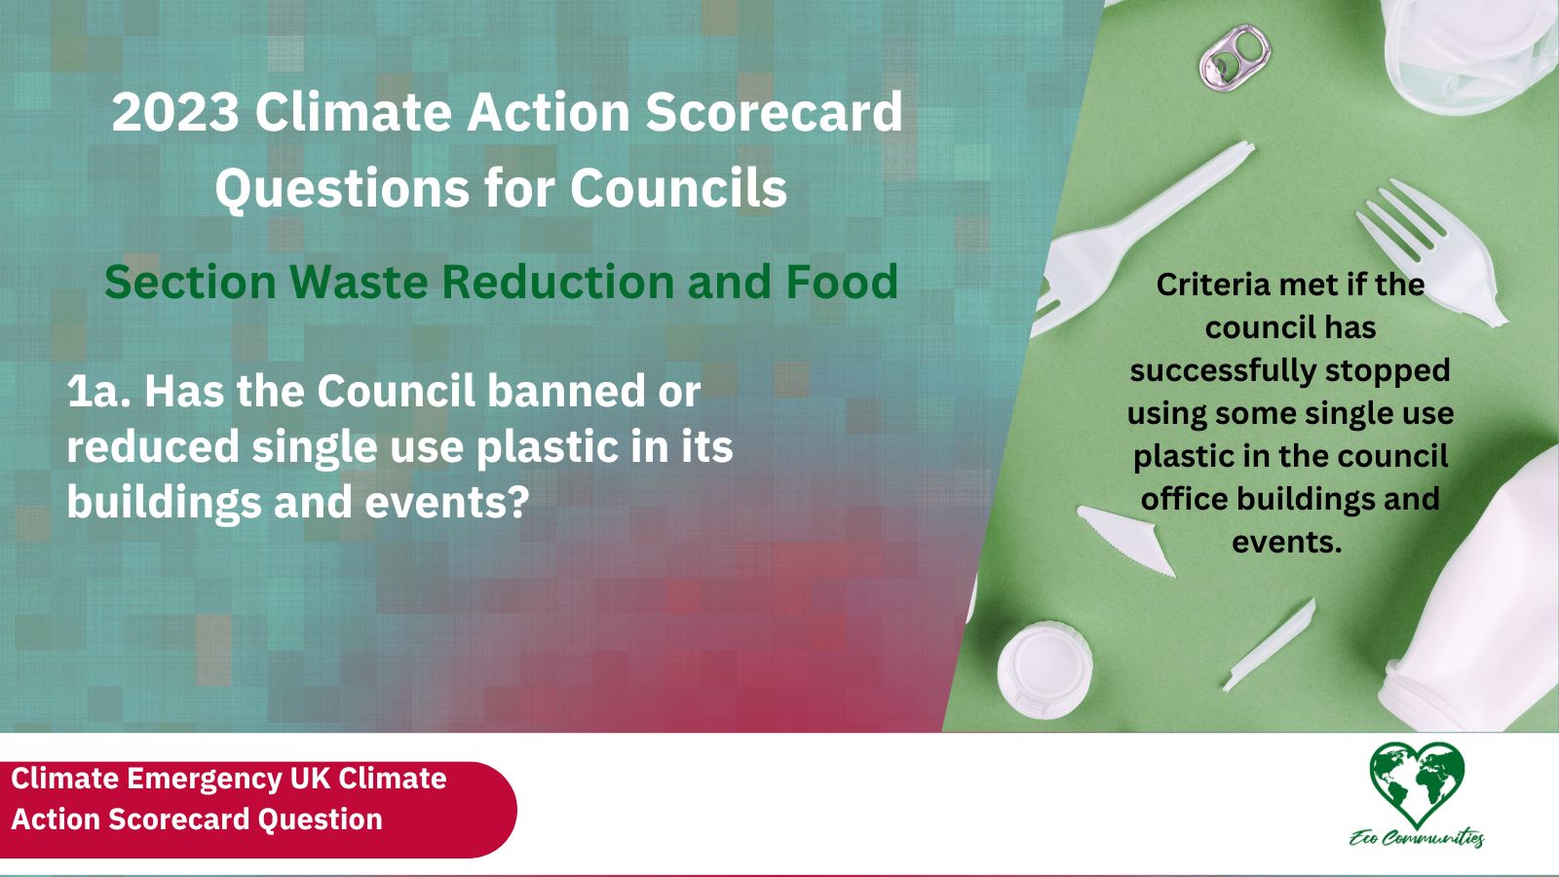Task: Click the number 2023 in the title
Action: (175, 112)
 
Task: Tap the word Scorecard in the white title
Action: (774, 112)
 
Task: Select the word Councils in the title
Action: (678, 188)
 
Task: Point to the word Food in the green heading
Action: (841, 282)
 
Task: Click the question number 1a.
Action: (98, 392)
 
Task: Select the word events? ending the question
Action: (447, 503)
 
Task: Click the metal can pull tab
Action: (1235, 57)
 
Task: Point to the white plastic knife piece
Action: (1126, 540)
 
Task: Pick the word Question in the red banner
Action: (320, 820)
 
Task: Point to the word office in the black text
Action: (1185, 498)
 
